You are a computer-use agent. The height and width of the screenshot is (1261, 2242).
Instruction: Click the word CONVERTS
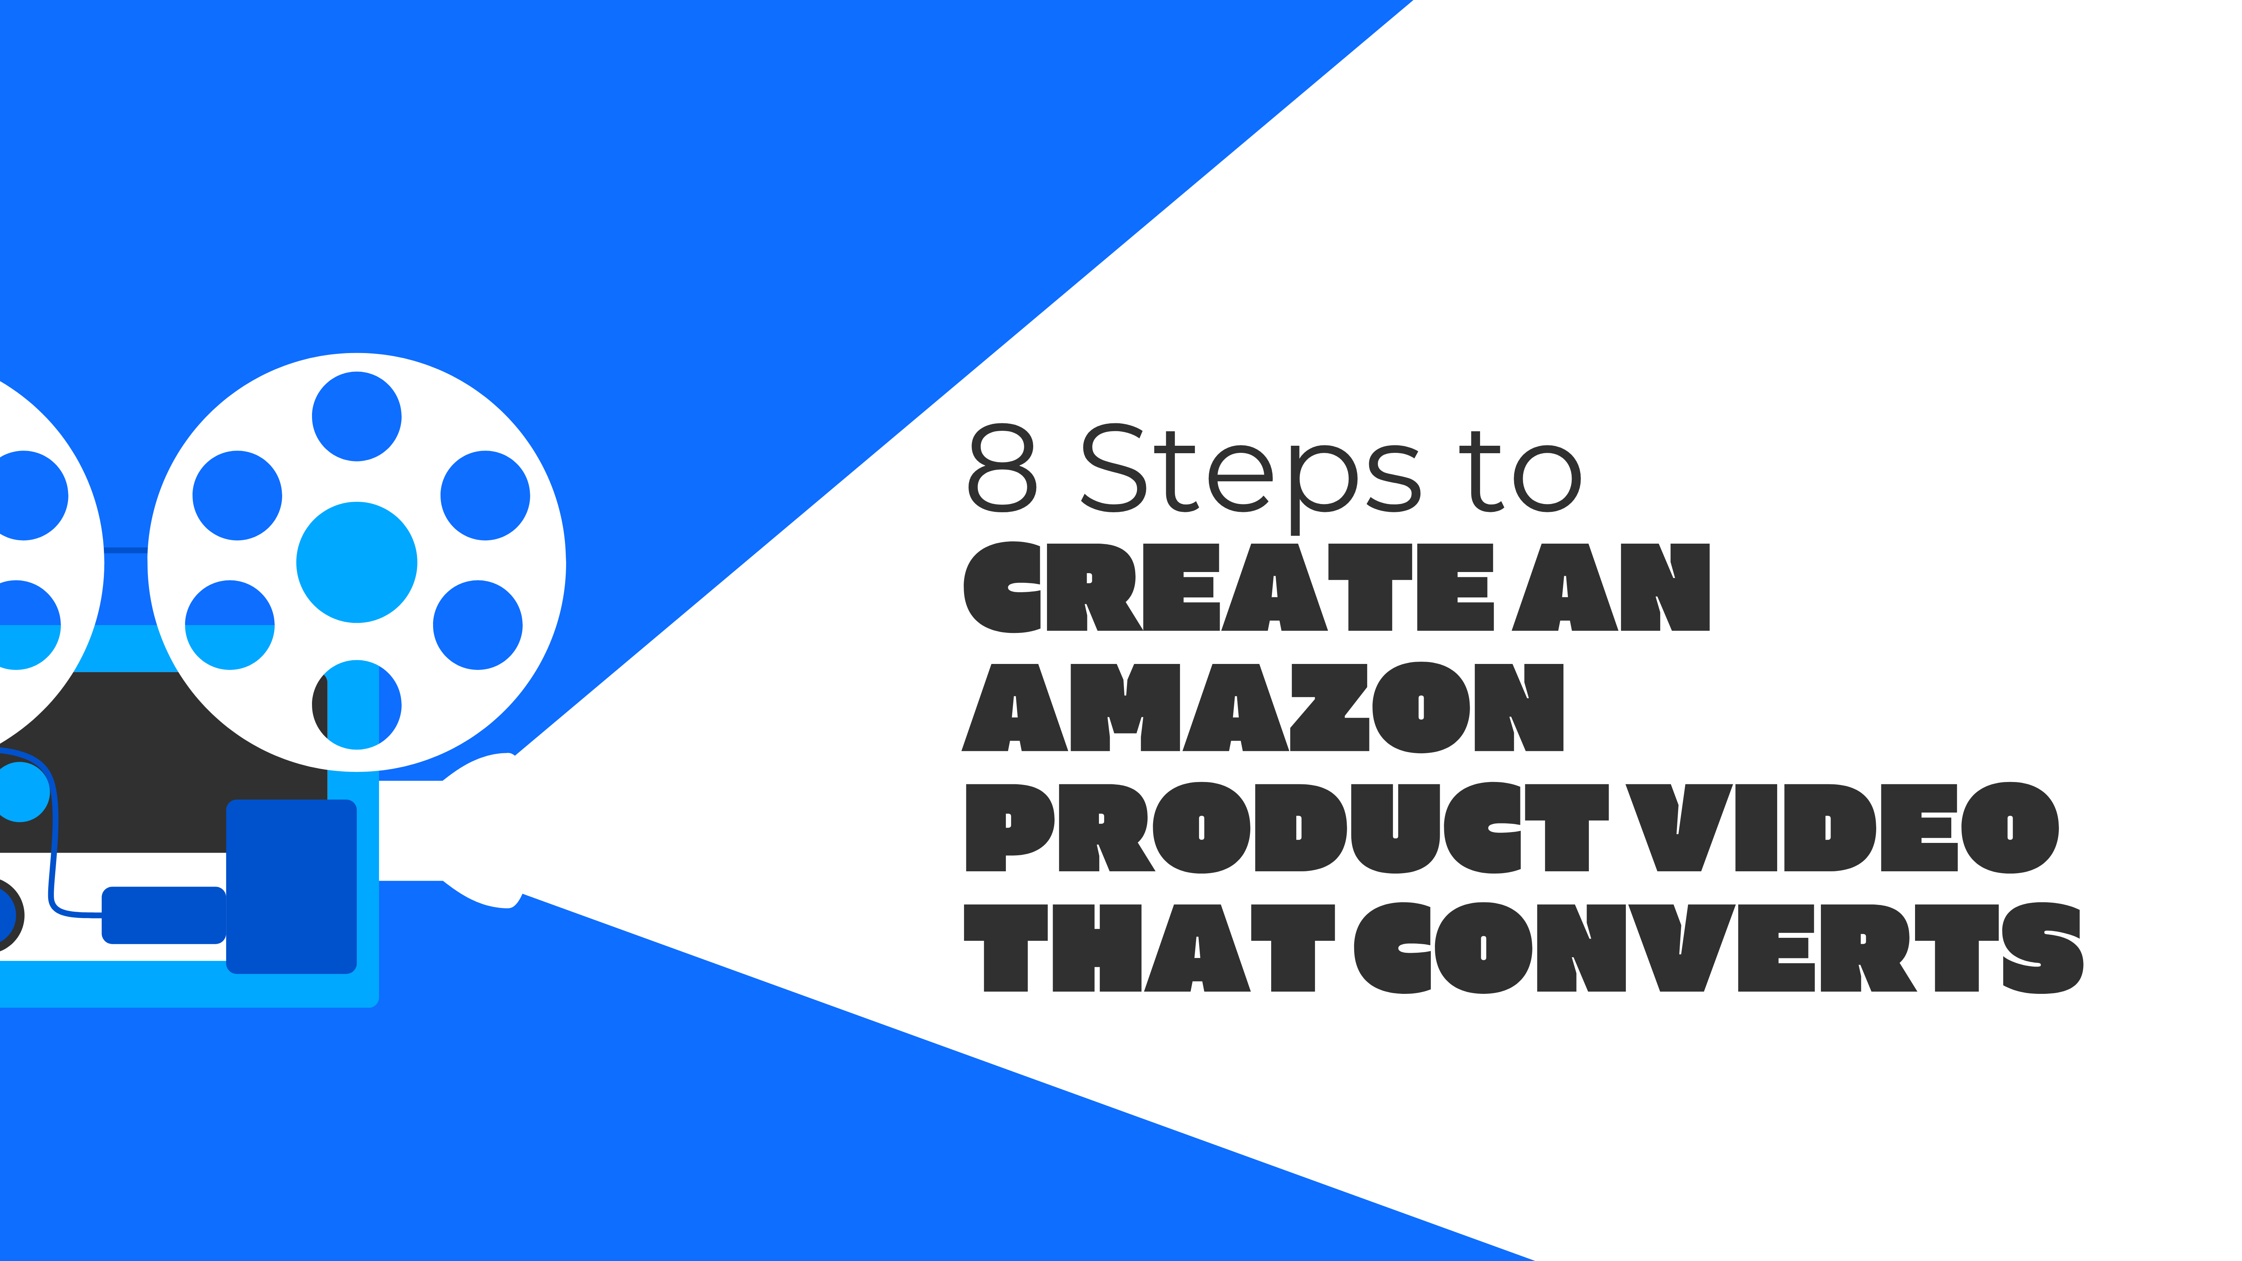[x=1719, y=948]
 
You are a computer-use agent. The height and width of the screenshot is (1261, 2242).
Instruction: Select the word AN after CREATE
[x=1610, y=587]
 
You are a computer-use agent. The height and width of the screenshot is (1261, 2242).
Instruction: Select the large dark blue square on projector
[x=291, y=886]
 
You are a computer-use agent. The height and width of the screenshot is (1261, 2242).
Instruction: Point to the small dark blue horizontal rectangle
[x=164, y=915]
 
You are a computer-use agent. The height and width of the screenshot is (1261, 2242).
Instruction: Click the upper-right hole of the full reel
[x=485, y=495]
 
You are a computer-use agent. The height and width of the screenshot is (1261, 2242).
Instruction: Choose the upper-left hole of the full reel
[x=237, y=495]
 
